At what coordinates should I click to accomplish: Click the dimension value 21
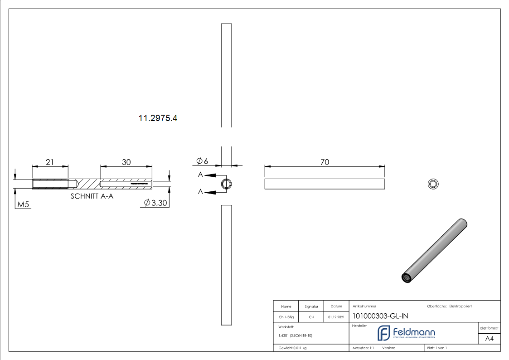point(50,162)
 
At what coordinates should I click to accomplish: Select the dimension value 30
point(126,162)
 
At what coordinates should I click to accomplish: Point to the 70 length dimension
point(325,162)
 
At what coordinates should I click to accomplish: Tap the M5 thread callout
point(23,205)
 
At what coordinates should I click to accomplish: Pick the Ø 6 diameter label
point(202,161)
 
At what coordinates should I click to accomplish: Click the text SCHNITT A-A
point(92,196)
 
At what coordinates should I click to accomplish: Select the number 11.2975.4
point(158,118)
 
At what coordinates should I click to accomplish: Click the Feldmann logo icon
point(383,333)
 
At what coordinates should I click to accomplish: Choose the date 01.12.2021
point(336,317)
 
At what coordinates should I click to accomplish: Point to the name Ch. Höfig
point(286,317)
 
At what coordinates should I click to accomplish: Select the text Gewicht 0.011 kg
point(292,348)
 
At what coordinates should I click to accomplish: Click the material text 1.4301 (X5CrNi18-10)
point(296,336)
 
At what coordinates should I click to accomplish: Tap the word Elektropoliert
point(461,306)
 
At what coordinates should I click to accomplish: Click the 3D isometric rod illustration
point(435,251)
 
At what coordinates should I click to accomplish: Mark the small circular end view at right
point(433,184)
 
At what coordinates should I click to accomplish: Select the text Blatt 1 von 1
point(437,348)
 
